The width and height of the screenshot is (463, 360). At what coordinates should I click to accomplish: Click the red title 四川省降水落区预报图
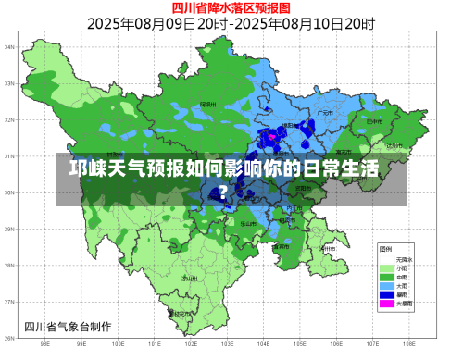click(x=231, y=7)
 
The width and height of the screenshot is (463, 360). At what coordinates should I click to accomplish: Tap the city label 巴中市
click(x=374, y=121)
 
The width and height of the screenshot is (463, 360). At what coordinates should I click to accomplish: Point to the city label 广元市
click(x=325, y=112)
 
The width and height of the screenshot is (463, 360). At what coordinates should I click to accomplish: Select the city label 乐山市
click(x=248, y=223)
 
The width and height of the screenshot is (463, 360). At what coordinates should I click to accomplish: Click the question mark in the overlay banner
click(x=222, y=192)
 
